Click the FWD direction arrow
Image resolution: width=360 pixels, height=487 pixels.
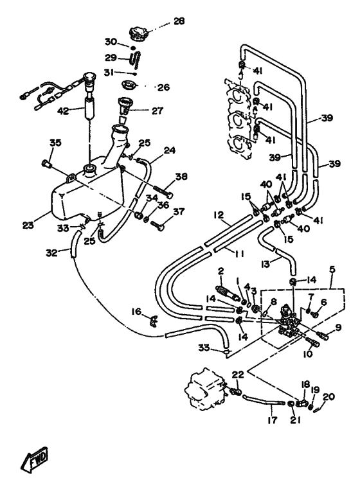[34, 459]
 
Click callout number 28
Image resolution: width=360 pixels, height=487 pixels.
[179, 21]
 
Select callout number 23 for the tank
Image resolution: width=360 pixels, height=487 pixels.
[28, 225]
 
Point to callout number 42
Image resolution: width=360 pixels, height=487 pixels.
[64, 111]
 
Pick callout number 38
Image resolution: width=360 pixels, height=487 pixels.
[181, 177]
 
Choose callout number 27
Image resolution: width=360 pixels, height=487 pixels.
[157, 111]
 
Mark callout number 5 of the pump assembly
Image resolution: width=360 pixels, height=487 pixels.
[332, 269]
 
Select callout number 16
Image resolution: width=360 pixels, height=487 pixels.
[136, 311]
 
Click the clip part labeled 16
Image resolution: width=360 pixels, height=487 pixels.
[154, 319]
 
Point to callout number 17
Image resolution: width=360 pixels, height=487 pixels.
[272, 420]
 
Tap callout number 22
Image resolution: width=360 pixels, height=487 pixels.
[238, 375]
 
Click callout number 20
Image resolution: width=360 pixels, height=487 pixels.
[328, 396]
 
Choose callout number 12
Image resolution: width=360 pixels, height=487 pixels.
[219, 215]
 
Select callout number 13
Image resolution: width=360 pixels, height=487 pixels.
[265, 263]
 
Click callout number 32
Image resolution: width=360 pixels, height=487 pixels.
[52, 253]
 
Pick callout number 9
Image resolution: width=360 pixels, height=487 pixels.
[338, 327]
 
